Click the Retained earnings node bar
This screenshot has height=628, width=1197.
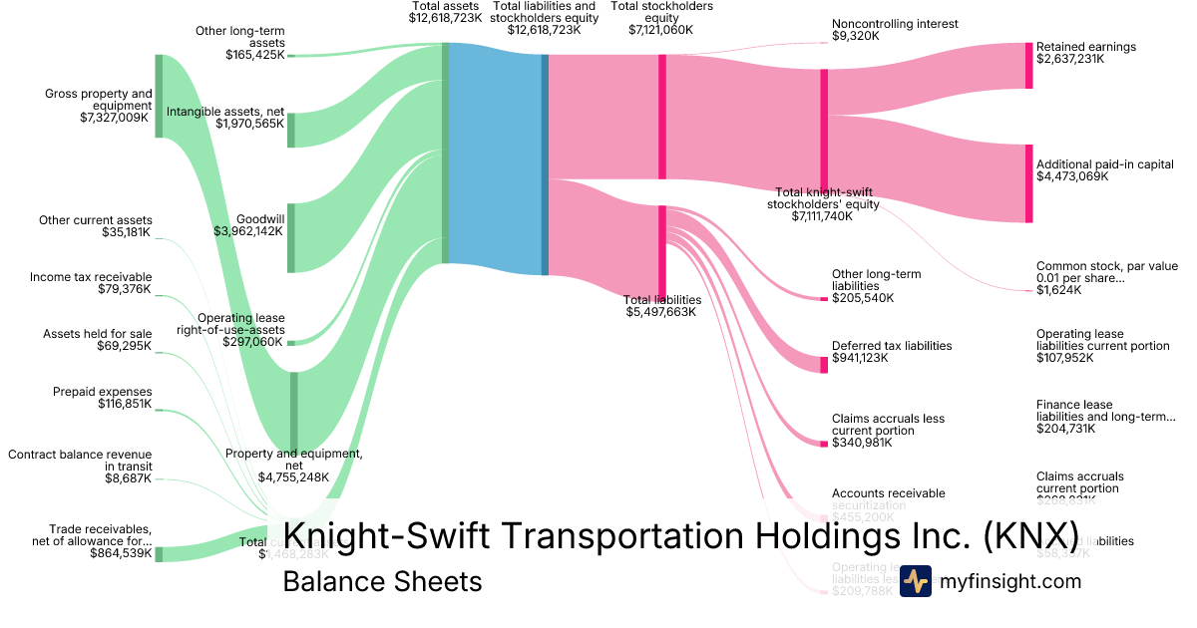tap(1029, 66)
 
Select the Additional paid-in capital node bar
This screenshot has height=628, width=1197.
tap(1029, 183)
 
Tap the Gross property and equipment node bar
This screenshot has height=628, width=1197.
tap(159, 96)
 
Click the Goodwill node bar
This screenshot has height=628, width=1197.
tap(291, 238)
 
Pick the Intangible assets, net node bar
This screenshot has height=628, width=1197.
tap(291, 131)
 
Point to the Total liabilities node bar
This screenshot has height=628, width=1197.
tap(662, 251)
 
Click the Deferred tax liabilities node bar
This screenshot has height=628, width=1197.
tap(824, 364)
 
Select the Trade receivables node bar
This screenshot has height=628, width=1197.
tap(159, 554)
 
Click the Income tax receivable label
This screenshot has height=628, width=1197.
tap(91, 277)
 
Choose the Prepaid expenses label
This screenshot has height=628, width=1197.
tap(103, 392)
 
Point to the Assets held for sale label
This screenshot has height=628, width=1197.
tap(97, 334)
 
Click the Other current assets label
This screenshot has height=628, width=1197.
tap(96, 220)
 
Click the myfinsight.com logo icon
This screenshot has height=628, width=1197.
tap(915, 581)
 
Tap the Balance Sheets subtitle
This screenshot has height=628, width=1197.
tap(382, 581)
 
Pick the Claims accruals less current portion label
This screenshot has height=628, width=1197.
tap(888, 425)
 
